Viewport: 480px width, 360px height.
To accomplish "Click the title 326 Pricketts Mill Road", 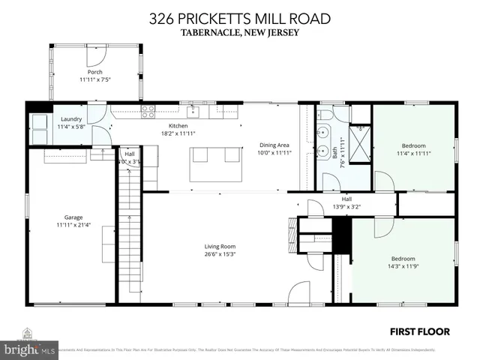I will [x=239, y=18].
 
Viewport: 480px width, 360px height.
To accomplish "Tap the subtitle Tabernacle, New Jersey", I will [x=239, y=32].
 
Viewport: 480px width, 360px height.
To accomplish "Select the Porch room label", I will [x=94, y=72].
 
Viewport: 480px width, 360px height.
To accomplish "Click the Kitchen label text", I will [x=178, y=125].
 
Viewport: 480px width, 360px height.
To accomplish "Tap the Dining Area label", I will [x=274, y=145].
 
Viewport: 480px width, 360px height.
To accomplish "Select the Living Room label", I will [x=220, y=246].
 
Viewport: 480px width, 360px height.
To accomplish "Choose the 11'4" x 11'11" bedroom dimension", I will [x=413, y=153].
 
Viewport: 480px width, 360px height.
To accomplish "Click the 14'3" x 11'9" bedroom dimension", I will [x=402, y=266].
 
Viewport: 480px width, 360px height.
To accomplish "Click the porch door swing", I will [x=95, y=55].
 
